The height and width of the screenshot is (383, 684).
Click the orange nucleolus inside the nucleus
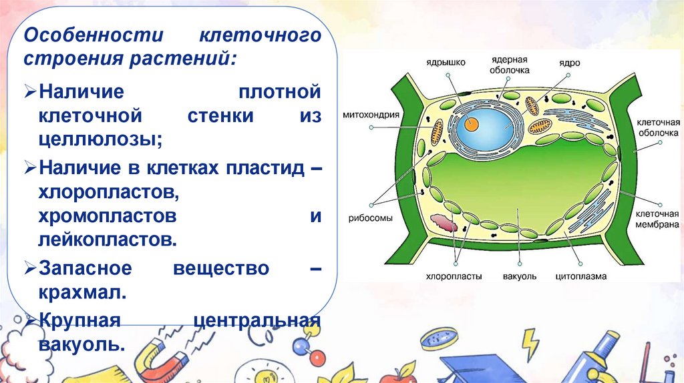pyautogui.click(x=472, y=123)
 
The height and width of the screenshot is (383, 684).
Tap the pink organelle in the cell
pyautogui.click(x=444, y=222)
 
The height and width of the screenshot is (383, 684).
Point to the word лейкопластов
pyautogui.click(x=108, y=239)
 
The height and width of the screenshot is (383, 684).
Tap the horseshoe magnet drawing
pyautogui.click(x=160, y=360)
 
